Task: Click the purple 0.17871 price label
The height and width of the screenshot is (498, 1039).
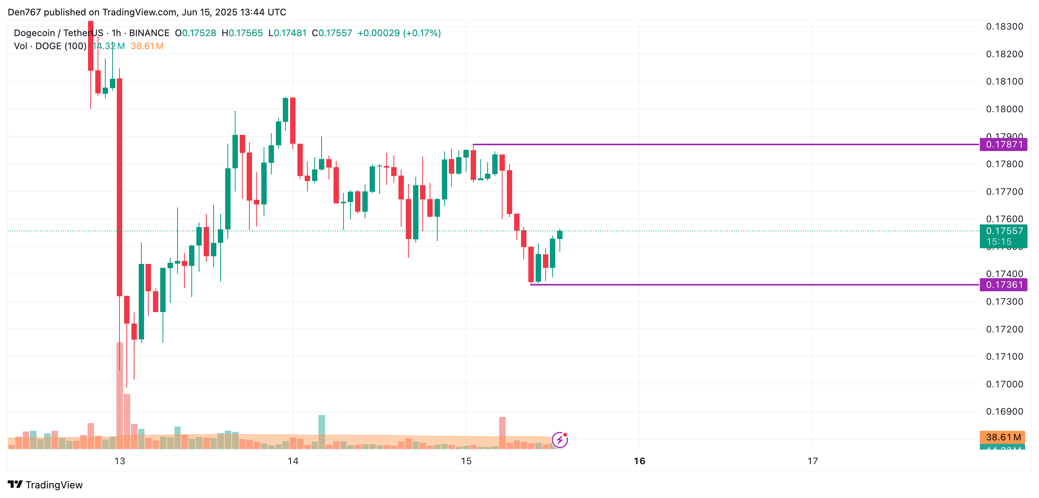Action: [1004, 144]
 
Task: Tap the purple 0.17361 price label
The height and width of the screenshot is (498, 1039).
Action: [1004, 285]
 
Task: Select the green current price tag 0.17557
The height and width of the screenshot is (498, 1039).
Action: [1004, 231]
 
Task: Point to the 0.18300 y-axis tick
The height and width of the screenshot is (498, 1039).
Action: [1004, 27]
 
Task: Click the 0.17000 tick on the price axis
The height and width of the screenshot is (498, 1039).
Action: [1004, 384]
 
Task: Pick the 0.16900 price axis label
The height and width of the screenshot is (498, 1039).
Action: [1004, 411]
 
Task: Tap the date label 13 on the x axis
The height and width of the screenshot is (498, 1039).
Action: [120, 461]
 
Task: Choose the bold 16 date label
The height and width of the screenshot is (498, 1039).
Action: [639, 461]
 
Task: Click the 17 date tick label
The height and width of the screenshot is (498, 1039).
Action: [812, 461]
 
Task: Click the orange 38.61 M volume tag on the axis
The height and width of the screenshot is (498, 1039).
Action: [1003, 437]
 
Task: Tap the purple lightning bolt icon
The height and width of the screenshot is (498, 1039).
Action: [559, 440]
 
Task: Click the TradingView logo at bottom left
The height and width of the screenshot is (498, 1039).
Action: [45, 485]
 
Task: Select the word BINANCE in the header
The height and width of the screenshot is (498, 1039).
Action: [149, 33]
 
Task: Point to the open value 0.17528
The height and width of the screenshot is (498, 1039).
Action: [199, 33]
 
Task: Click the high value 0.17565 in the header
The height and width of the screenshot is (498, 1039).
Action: [246, 33]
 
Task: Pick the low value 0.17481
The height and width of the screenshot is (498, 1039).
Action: [290, 33]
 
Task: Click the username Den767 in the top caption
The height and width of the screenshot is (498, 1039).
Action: [24, 12]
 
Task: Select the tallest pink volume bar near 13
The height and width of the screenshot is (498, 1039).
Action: [120, 395]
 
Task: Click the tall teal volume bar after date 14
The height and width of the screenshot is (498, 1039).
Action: [322, 432]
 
